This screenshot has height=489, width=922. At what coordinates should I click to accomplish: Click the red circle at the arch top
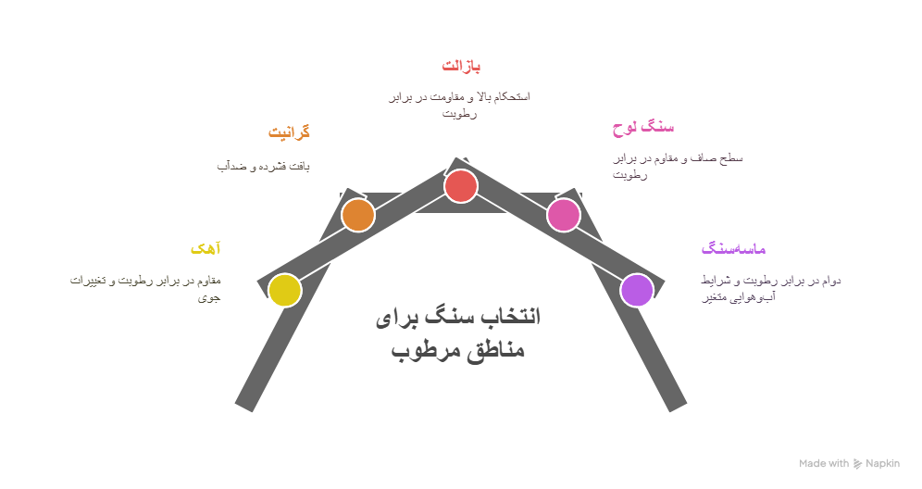[460, 186]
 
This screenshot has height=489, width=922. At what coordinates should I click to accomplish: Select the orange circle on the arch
[358, 215]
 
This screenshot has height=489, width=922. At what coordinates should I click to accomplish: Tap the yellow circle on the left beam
[285, 290]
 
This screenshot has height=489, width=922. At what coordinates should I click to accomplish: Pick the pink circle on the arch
[563, 215]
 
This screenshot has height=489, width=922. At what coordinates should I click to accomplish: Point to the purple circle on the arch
[637, 290]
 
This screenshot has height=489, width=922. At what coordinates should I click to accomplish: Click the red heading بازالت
[461, 66]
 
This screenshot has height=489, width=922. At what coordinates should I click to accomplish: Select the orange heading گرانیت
[289, 132]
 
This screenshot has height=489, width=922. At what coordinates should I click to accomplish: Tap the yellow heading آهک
[206, 248]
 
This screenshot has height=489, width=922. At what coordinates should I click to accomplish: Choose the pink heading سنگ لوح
[643, 128]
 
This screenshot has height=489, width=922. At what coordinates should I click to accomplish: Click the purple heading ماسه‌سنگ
[733, 248]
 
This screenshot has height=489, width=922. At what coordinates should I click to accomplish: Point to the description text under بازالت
[459, 105]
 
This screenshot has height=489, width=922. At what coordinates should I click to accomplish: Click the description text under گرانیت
[263, 166]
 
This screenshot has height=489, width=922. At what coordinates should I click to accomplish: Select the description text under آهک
[146, 288]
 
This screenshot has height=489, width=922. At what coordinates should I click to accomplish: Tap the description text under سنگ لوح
[678, 166]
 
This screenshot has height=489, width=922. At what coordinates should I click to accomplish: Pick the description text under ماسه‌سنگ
[770, 288]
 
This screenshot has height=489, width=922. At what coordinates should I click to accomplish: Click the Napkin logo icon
[857, 463]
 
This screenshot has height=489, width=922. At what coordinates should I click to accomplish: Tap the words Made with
[824, 463]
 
